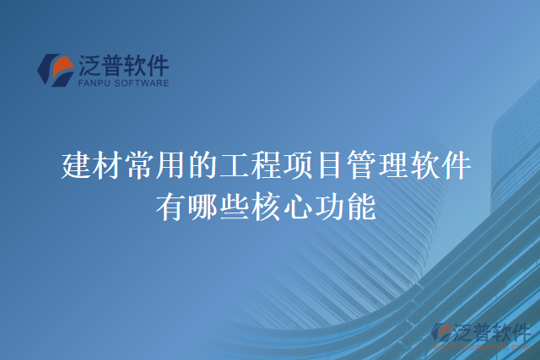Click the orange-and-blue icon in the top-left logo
57,69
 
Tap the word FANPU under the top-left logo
92,83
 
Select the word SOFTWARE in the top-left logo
140,83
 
